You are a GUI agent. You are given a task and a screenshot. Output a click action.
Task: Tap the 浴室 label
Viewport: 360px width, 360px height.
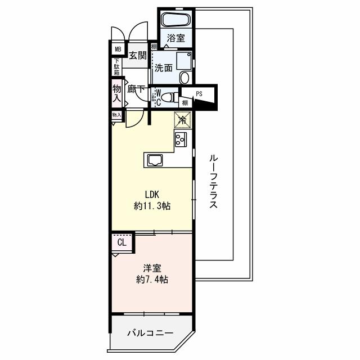(176, 38)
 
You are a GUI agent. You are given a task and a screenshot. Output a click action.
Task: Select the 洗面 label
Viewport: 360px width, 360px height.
(164, 69)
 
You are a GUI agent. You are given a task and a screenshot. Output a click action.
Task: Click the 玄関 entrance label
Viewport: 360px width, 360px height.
(137, 55)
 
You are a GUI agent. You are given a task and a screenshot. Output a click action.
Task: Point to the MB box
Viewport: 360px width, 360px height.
(118, 49)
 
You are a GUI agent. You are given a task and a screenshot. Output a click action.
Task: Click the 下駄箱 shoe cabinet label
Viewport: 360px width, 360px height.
(117, 67)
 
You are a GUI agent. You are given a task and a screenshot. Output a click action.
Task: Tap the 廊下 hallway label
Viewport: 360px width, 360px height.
(136, 89)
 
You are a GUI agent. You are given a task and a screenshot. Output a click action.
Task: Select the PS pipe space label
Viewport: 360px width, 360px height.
(199, 94)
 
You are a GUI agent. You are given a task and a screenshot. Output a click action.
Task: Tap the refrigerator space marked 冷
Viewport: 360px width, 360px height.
(183, 119)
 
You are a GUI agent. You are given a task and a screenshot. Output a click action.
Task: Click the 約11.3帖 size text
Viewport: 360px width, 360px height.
(152, 206)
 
